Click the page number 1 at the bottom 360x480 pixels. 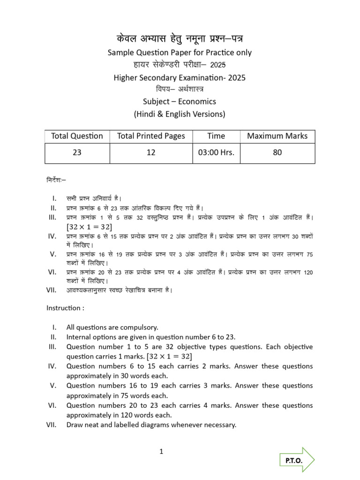[x=161, y=452]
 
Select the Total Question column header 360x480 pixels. [x=77, y=136]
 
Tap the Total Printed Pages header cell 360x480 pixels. [x=151, y=136]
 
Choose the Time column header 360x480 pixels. [x=216, y=136]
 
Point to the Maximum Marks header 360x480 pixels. [x=277, y=136]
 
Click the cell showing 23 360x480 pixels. [x=77, y=153]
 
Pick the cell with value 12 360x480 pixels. [x=151, y=153]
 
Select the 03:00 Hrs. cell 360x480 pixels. [x=216, y=153]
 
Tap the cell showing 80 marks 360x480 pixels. [x=277, y=153]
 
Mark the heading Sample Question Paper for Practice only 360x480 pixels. [x=180, y=52]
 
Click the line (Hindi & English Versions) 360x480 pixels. [x=180, y=114]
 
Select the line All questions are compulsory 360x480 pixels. [x=112, y=327]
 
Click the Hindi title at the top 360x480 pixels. [x=180, y=38]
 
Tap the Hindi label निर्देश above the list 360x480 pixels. [x=56, y=179]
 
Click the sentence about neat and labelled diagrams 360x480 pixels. [x=151, y=425]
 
